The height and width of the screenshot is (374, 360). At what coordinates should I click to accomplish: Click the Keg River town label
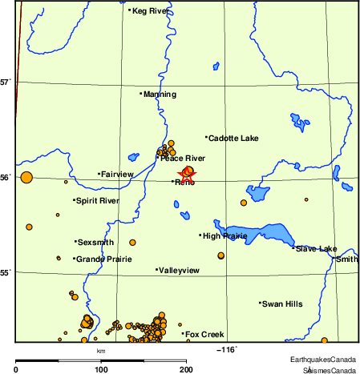point(150,11)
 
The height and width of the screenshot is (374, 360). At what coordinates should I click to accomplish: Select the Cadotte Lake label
point(233,139)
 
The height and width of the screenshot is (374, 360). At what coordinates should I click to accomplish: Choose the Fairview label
point(117,174)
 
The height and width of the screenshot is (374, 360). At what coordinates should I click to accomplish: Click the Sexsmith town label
point(95,242)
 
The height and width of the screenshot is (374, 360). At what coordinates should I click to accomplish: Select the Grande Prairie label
point(103,259)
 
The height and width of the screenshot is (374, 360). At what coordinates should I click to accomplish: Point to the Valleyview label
point(180,271)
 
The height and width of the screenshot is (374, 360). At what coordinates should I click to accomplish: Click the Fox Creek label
point(204,335)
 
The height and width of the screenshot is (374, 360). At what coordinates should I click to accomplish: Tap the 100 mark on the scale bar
point(101,369)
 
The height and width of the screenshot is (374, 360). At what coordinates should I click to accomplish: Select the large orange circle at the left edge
point(26,178)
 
